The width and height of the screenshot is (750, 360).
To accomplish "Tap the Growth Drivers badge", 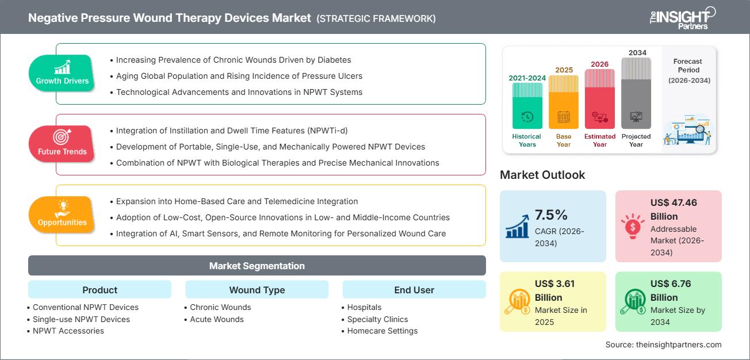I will (x=62, y=72).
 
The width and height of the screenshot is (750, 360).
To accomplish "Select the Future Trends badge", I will (x=62, y=143).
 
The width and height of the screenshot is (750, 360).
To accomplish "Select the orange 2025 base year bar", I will (x=564, y=102).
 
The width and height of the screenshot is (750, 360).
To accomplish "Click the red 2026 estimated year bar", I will (x=600, y=98).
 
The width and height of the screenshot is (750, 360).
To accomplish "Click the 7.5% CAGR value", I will (x=551, y=215).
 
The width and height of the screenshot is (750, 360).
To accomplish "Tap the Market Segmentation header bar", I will (x=257, y=266).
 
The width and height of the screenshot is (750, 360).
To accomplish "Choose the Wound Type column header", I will (x=257, y=290).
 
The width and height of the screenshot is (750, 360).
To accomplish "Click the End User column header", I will (x=414, y=290).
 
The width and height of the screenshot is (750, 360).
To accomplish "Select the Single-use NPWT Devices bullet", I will (x=81, y=319).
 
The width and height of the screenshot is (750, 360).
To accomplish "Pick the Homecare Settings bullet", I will (x=382, y=331).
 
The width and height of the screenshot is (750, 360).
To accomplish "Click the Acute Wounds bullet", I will (x=216, y=319).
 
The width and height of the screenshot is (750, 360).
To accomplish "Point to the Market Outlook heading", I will (x=542, y=175).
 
